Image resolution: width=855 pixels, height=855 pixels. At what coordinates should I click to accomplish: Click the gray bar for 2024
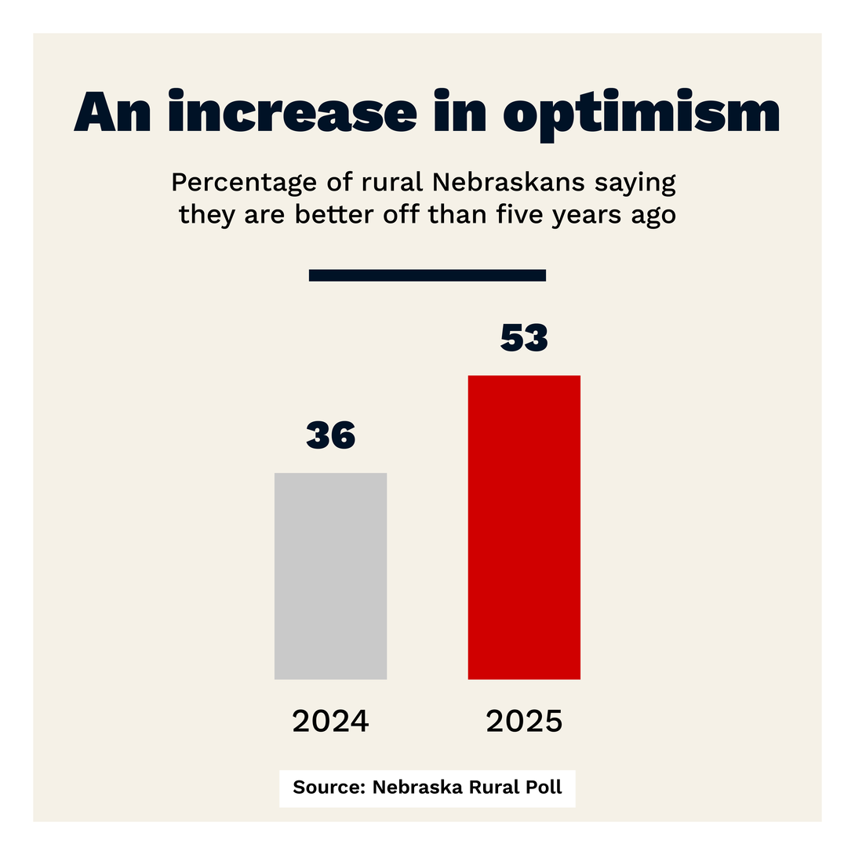(x=330, y=576)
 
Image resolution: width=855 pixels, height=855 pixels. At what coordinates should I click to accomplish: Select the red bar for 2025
(x=524, y=527)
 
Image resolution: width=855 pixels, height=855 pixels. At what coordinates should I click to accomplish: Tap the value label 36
(x=330, y=436)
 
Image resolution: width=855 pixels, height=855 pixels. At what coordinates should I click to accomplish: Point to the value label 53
(x=524, y=338)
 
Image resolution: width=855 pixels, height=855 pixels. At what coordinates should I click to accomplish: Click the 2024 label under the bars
(x=330, y=721)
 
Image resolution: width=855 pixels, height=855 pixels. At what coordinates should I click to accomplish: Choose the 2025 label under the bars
(x=524, y=721)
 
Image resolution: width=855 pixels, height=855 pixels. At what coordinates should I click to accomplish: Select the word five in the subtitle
(x=517, y=214)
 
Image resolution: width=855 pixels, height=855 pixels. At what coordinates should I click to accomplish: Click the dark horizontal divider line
(x=427, y=275)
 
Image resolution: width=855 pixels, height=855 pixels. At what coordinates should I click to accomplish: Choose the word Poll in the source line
(x=543, y=788)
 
